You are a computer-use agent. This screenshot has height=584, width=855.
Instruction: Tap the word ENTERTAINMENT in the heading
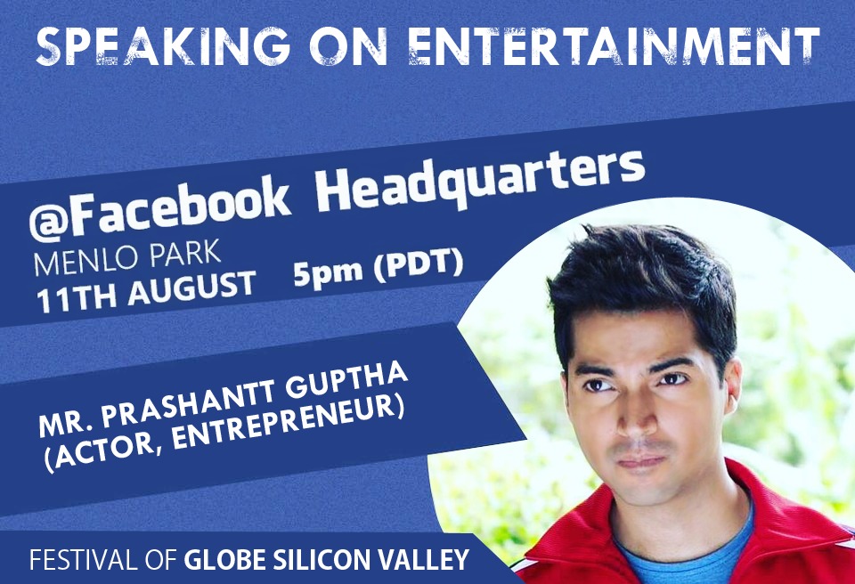pos(614,46)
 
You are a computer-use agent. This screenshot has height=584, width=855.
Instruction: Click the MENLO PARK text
pos(127,258)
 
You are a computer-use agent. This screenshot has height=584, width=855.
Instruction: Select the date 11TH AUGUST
pos(146,292)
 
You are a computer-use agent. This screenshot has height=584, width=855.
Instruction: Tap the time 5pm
pos(328,272)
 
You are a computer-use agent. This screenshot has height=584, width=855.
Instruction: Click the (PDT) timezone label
pos(419,264)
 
